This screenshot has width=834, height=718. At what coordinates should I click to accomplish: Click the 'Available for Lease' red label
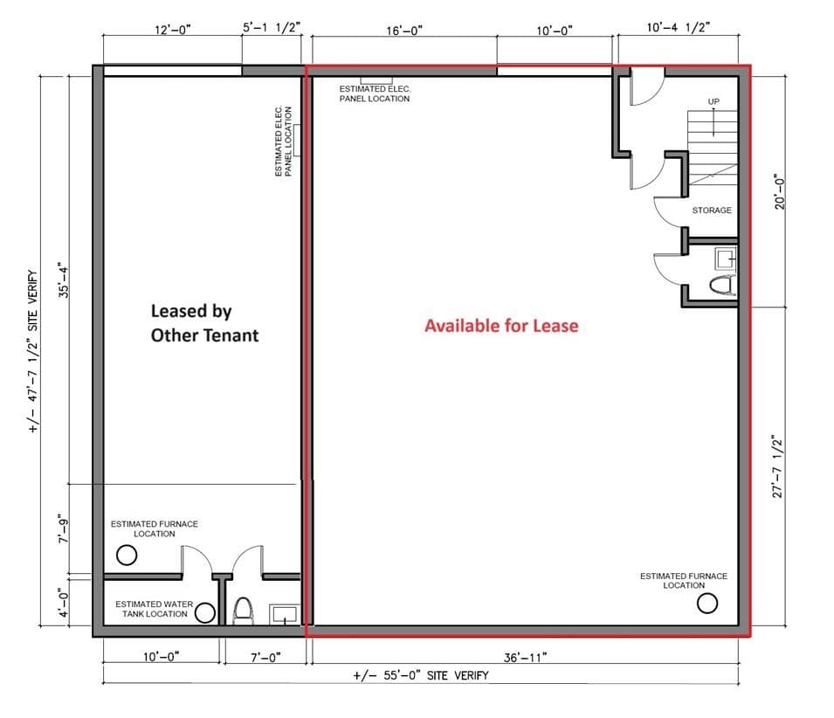[501, 326]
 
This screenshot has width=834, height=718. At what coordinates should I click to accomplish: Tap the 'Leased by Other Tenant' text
[204, 322]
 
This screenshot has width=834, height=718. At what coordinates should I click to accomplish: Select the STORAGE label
[712, 211]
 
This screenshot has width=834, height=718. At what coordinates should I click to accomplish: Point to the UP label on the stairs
[713, 102]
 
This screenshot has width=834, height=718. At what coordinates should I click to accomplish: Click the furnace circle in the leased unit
[127, 555]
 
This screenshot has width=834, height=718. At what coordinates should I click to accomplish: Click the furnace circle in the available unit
[707, 603]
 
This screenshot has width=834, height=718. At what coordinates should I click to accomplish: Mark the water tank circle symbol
[205, 612]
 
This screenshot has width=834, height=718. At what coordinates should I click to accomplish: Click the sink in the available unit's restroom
[725, 258]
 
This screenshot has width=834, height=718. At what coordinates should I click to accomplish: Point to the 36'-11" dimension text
[526, 657]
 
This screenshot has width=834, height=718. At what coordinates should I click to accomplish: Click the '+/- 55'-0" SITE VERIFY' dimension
[420, 675]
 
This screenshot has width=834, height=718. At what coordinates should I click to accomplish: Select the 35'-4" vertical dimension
[62, 280]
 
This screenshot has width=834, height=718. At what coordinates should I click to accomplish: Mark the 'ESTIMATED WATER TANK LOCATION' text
[151, 609]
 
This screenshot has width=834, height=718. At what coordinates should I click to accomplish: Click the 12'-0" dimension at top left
[172, 30]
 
